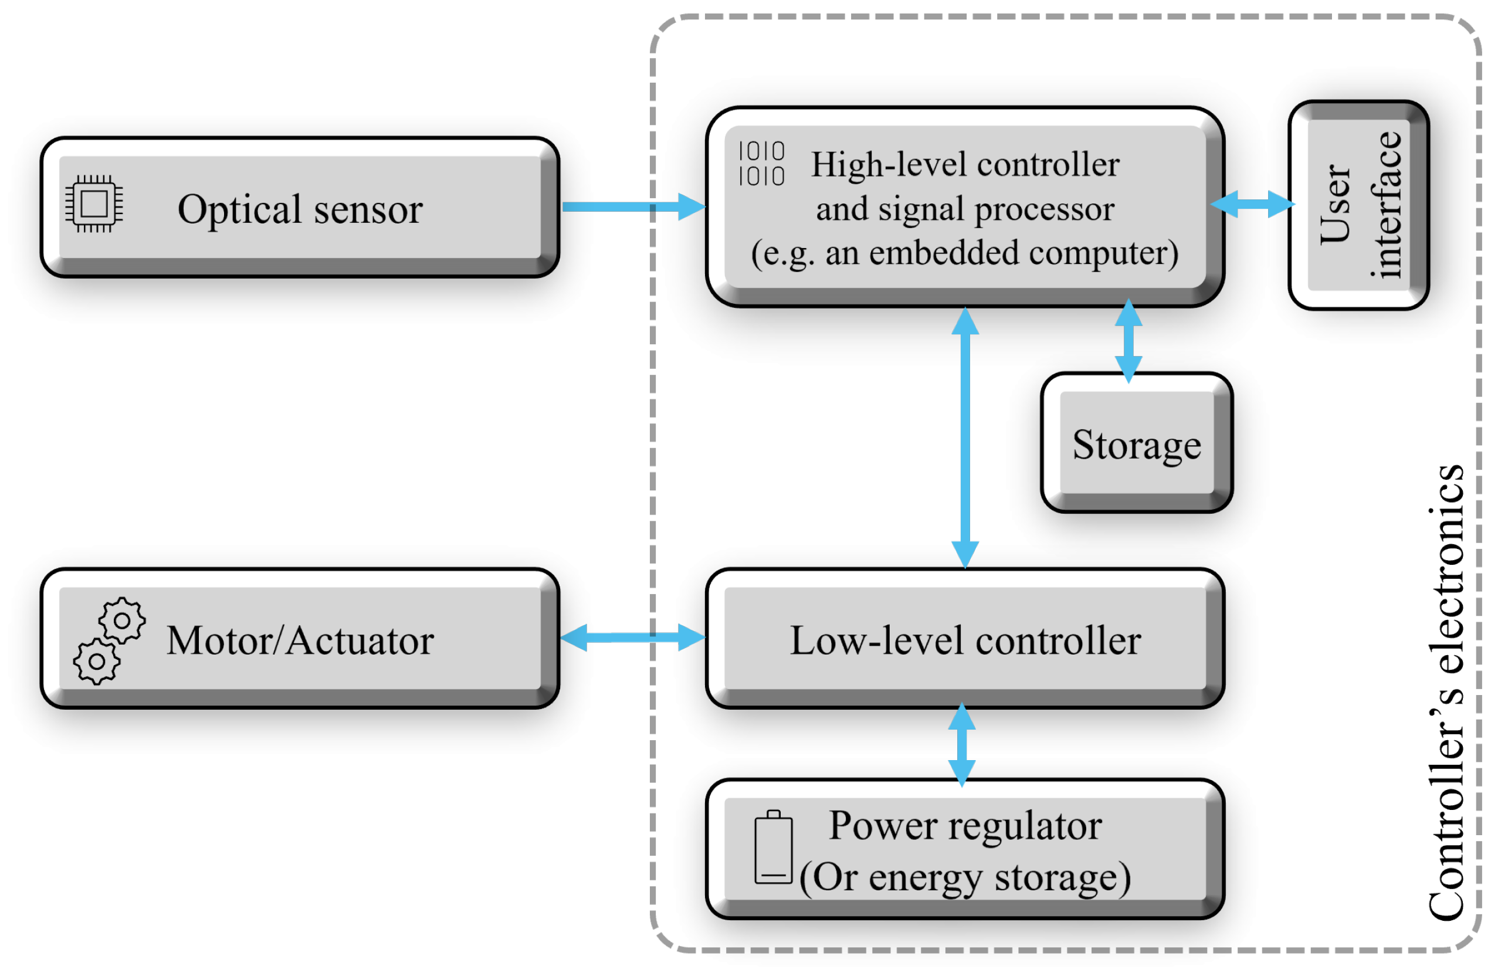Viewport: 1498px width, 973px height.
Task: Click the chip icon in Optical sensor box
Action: pos(94,204)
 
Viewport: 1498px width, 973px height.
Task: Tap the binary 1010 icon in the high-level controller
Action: pos(761,164)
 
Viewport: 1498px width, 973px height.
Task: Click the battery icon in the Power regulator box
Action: pos(773,847)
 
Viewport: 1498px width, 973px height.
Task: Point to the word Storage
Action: pos(1136,446)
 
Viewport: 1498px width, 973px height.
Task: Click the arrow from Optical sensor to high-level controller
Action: pos(632,206)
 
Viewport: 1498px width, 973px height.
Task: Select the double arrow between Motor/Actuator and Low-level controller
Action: pos(632,638)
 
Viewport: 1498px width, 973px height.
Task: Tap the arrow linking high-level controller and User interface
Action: pos(1252,204)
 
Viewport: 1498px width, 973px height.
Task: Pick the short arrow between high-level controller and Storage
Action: pos(1128,341)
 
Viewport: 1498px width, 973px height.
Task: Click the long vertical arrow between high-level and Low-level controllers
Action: pos(965,438)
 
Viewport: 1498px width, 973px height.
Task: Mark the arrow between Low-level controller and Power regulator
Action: pos(962,744)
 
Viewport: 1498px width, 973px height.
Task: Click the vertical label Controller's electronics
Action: pos(1446,692)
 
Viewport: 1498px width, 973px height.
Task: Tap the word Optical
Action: pos(239,209)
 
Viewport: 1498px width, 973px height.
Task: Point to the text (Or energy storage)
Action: pos(965,877)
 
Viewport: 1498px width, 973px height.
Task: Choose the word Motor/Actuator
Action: pos(300,640)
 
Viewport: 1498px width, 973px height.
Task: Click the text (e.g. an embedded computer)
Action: pos(965,253)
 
